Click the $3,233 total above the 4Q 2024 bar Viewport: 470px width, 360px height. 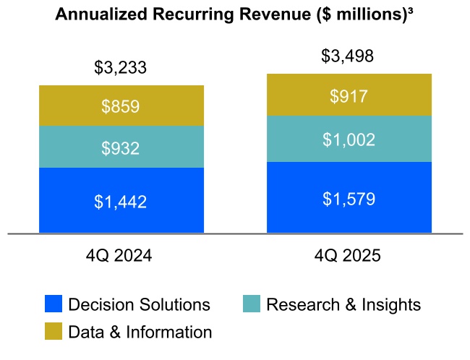121,68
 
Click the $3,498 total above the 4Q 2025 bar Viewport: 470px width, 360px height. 349,56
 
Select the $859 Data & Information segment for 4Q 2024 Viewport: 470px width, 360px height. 121,106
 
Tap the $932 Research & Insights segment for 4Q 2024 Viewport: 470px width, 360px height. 121,147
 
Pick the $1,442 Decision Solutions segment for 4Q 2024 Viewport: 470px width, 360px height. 121,202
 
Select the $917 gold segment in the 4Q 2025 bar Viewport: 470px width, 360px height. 349,95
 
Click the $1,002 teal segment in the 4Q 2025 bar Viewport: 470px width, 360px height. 349,140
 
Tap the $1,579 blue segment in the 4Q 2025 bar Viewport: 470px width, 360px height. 349,198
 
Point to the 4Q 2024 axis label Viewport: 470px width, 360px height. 121,256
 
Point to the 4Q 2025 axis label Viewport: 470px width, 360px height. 349,256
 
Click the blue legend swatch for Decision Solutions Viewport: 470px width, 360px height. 53,304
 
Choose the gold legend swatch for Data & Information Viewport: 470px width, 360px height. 53,331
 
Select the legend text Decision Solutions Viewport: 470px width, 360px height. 139,304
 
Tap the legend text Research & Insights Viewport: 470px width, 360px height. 343,304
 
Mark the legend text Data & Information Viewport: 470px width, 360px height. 140,332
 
